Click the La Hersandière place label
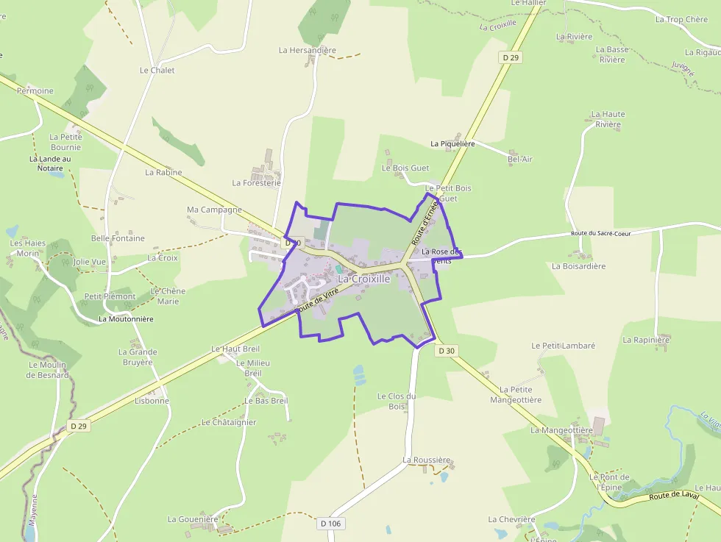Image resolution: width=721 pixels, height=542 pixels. point(307,50)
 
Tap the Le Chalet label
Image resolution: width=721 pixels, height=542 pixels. point(157,71)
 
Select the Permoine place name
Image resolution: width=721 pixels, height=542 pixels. point(35,91)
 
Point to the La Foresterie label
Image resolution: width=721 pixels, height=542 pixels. point(256,182)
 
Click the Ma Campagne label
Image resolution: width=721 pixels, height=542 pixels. point(214,210)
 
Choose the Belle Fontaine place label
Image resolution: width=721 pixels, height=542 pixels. point(118,238)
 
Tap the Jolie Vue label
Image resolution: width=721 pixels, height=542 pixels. point(90,261)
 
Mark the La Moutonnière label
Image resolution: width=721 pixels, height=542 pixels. point(126,319)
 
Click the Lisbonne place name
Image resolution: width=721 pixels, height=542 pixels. point(152,401)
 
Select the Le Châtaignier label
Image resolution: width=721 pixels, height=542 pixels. point(228,422)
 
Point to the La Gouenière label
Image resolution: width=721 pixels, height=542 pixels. point(193,518)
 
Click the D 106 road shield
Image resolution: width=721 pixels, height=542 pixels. point(332,523)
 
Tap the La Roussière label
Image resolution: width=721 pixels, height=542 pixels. point(426,460)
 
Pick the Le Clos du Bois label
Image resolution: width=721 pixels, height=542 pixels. point(397,401)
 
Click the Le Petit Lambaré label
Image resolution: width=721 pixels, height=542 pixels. point(563,345)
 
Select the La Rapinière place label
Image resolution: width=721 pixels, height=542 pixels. point(646,340)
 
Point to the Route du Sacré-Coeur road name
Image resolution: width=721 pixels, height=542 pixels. point(600,233)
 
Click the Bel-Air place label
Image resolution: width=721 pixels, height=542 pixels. point(520,159)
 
